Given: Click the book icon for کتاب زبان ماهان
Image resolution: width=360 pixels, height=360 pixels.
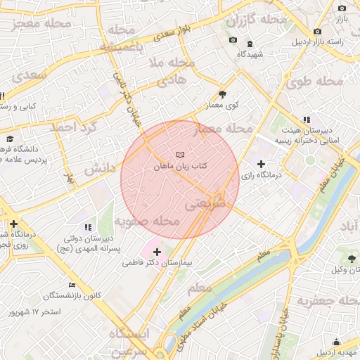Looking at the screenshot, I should (x=181, y=154).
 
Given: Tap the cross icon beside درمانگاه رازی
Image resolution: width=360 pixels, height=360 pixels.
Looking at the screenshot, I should (x=262, y=164).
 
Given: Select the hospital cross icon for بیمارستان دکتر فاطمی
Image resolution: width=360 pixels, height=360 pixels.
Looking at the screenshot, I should (x=156, y=251).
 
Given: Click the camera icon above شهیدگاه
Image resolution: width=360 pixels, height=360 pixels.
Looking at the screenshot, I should (x=233, y=41).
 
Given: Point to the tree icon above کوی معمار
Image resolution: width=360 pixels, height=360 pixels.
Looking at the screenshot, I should (x=223, y=94).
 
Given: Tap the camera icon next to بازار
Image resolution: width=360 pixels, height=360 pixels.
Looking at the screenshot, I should (x=342, y=8).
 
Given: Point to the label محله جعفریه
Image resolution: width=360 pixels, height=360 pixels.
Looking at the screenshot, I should (x=323, y=302).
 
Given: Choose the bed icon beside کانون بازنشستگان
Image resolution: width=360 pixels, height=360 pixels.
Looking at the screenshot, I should (x=72, y=285).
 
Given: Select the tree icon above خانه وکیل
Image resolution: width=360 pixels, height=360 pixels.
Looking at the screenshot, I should (x=352, y=259).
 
